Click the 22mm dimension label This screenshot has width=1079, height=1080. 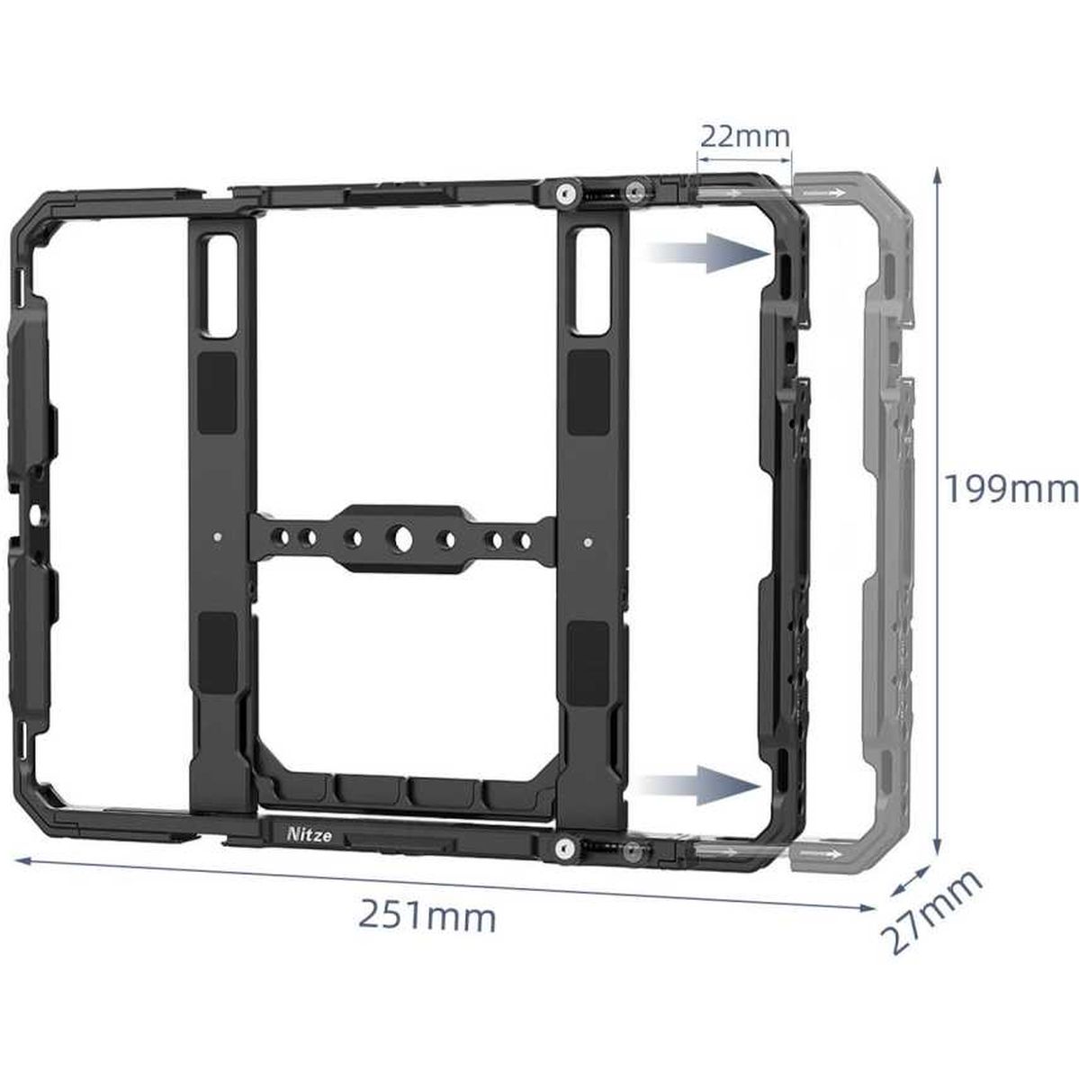point(744,137)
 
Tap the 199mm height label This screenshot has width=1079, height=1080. point(1010,490)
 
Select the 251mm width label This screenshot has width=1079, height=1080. point(427,917)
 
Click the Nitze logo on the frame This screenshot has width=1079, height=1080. point(310,835)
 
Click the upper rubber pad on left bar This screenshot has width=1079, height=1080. point(217,382)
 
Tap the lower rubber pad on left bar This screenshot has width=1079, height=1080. point(219,647)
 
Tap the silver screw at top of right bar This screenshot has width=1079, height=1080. point(565,193)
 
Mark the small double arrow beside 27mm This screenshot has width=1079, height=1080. point(910,883)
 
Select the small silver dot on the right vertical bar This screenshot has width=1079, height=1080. point(587,542)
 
